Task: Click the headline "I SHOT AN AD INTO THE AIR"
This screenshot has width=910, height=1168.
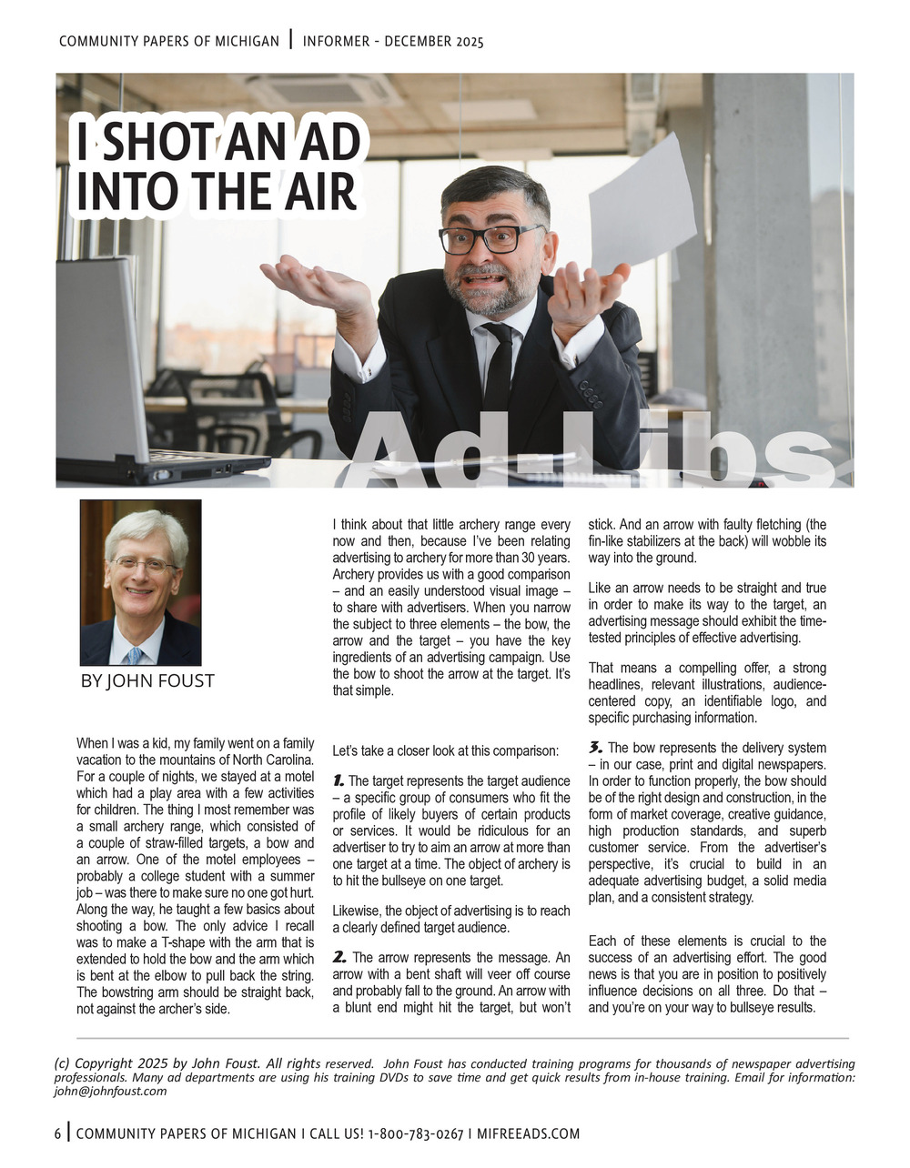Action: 218,167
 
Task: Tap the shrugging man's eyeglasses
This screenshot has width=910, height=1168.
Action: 490,239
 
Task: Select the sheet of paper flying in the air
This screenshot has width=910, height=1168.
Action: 641,200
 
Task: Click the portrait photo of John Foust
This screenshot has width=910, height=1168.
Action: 140,582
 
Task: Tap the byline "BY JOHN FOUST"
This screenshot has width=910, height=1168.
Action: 147,680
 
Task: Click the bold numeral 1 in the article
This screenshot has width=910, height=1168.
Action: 338,780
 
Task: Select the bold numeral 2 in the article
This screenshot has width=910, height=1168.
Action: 339,957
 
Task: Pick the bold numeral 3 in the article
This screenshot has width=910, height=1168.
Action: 595,748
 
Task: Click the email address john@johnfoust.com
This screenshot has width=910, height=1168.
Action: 110,1092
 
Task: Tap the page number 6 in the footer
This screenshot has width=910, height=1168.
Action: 58,1134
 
